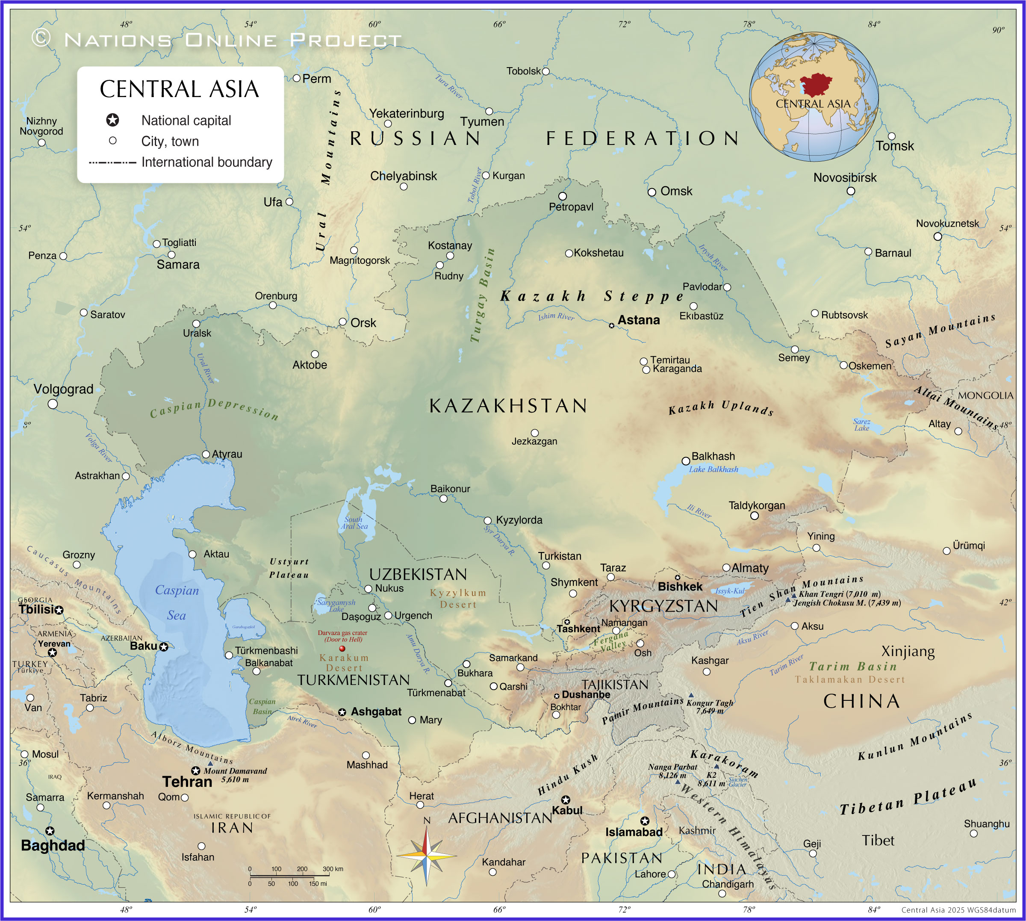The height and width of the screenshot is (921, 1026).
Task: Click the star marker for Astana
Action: click(611, 325)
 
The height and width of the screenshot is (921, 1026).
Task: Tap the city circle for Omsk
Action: click(652, 192)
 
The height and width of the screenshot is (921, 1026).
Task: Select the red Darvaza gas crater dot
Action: click(342, 648)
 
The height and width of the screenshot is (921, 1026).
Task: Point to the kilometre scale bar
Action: click(295, 875)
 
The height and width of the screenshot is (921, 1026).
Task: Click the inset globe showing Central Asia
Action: click(814, 97)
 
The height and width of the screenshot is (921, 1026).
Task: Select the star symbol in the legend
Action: click(112, 120)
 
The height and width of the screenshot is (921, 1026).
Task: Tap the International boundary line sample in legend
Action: click(112, 162)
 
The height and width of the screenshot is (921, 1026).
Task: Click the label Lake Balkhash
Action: click(713, 469)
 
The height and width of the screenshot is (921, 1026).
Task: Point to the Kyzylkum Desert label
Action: click(458, 598)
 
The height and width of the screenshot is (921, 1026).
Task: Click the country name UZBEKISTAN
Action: click(418, 574)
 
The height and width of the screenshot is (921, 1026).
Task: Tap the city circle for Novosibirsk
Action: click(850, 191)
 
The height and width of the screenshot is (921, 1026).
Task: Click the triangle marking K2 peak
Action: click(716, 767)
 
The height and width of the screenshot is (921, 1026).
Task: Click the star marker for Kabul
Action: click(566, 800)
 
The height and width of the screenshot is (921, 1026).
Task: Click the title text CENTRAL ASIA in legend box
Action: click(179, 89)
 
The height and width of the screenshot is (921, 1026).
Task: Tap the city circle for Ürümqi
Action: click(946, 551)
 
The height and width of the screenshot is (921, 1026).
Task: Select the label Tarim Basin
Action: click(852, 667)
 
